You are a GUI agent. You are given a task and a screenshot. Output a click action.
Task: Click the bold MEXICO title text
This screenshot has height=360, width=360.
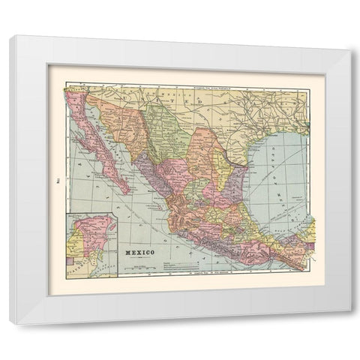pyautogui.click(x=140, y=251)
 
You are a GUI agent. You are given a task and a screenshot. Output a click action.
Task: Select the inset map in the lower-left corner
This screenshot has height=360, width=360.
pyautogui.click(x=91, y=244)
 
